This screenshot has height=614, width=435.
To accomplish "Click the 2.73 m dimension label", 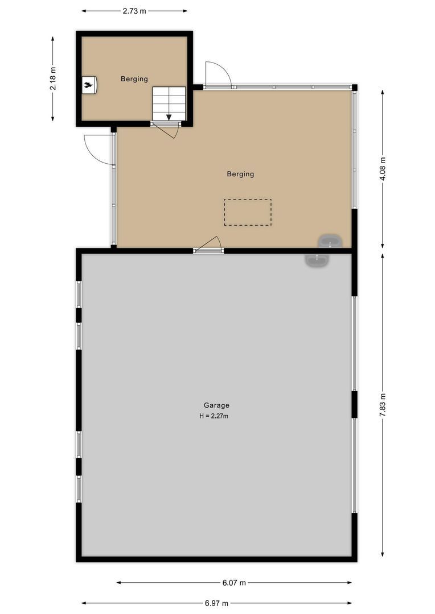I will click(134, 11).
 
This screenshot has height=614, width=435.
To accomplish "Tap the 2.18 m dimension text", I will click(53, 78).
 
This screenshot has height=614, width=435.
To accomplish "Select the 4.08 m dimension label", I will click(382, 169).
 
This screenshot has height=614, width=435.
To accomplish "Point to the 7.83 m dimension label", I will click(382, 405).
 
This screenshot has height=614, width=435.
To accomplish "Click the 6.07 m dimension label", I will click(233, 583).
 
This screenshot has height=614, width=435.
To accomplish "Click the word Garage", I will click(216, 405).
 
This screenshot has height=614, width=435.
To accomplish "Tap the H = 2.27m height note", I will click(214, 416).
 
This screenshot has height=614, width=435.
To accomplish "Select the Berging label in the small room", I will click(134, 79).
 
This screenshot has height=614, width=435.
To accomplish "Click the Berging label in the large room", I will click(240, 174).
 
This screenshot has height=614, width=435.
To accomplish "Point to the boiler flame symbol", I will click(89, 85).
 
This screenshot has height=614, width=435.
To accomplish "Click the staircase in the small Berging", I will click(169, 103).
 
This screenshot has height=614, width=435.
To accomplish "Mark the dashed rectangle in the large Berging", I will click(248, 212).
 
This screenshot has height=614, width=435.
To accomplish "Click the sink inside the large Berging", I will click(330, 241).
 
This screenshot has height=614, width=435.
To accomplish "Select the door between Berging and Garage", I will click(208, 244).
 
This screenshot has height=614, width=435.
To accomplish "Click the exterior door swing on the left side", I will click(98, 150).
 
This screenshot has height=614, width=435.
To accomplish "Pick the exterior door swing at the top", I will click(217, 74).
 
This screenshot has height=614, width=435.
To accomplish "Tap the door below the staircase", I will click(167, 130).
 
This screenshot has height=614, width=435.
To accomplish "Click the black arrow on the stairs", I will click(169, 117).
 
